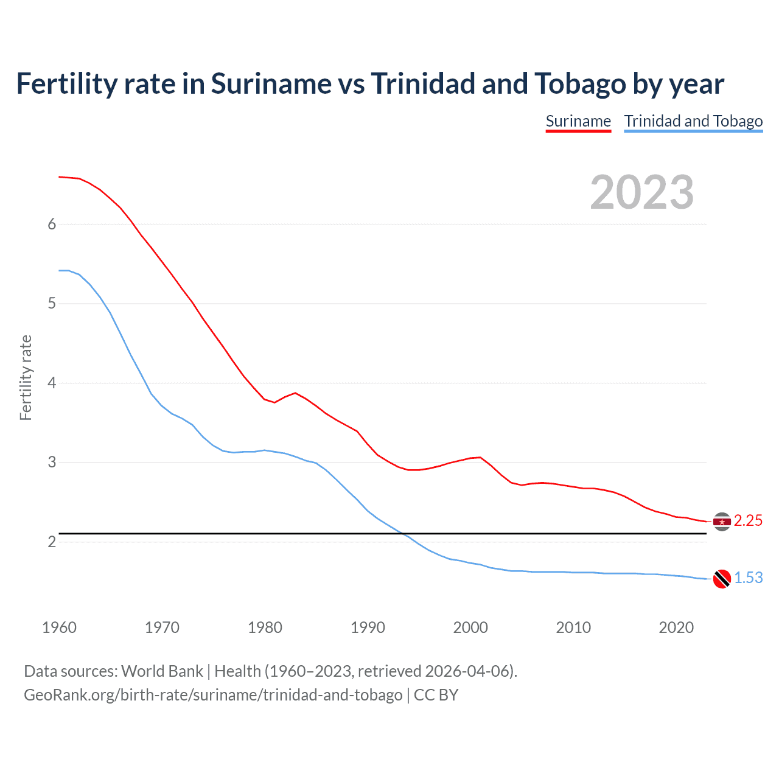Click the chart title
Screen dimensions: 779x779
click(x=370, y=84)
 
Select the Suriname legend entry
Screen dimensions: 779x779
click(x=578, y=121)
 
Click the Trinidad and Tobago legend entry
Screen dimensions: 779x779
click(x=693, y=121)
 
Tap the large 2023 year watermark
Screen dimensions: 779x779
click(x=641, y=192)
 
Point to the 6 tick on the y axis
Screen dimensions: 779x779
click(x=52, y=224)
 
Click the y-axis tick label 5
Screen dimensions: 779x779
click(x=52, y=303)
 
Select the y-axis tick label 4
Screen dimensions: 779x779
click(x=52, y=383)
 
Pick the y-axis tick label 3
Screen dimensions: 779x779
click(x=52, y=462)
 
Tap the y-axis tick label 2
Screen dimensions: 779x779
click(x=52, y=542)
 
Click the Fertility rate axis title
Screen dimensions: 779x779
click(x=26, y=377)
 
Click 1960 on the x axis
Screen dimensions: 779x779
click(x=59, y=627)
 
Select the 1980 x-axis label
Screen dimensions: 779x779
click(x=265, y=627)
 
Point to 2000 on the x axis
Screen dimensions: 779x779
click(x=470, y=627)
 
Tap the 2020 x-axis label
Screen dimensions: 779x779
click(x=676, y=627)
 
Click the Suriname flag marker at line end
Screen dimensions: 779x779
click(x=722, y=522)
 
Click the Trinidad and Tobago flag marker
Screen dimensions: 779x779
click(x=722, y=579)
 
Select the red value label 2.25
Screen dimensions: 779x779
click(x=748, y=521)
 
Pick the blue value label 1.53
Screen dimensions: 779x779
click(x=748, y=578)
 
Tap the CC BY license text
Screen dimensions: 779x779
click(x=436, y=695)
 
